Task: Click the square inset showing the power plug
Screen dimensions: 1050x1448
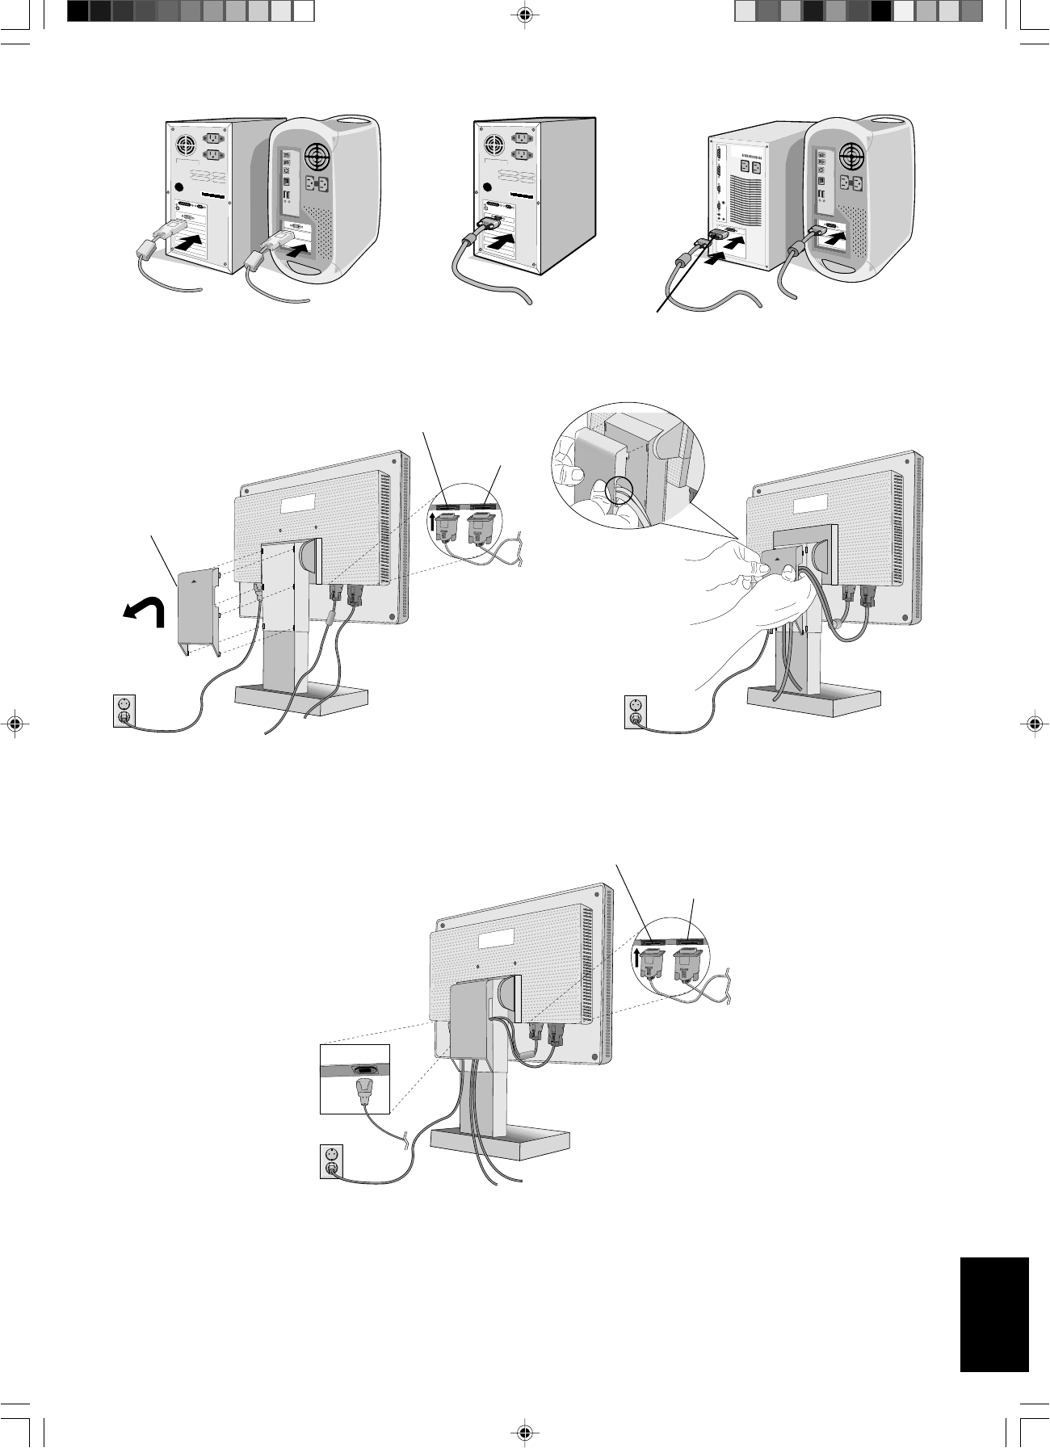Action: pyautogui.click(x=355, y=1079)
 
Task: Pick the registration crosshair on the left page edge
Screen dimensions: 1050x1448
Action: pyautogui.click(x=14, y=724)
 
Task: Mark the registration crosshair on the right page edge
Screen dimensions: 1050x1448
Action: pyautogui.click(x=1035, y=724)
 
